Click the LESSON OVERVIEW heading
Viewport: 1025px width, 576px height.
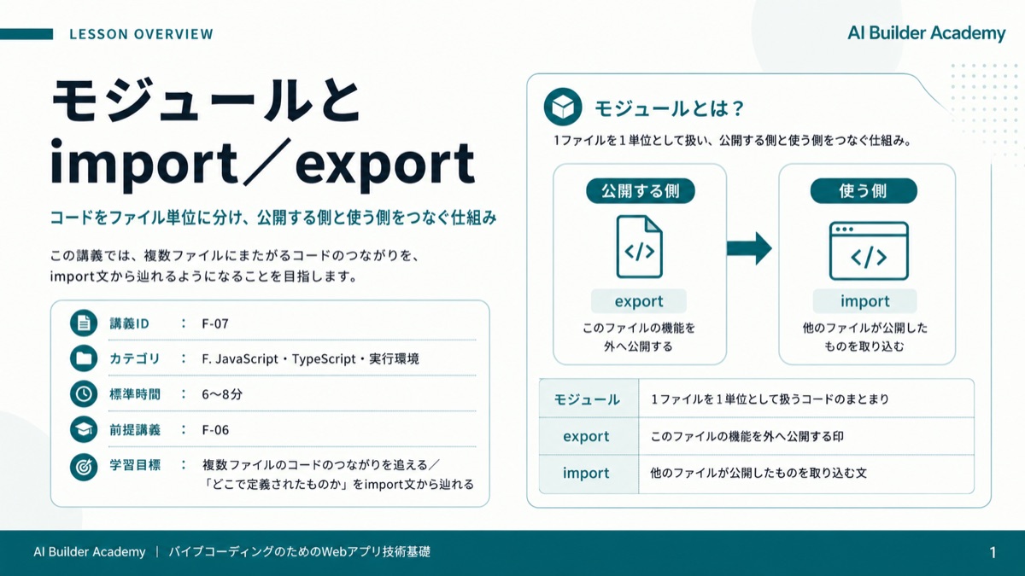coord(142,34)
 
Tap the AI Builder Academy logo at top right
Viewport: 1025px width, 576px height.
coord(926,33)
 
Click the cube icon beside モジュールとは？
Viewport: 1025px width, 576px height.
coord(563,107)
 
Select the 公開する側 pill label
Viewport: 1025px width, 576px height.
coord(640,190)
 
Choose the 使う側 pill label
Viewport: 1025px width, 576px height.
coord(864,190)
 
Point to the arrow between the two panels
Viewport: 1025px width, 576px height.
coord(749,248)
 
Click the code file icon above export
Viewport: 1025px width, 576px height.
coord(639,247)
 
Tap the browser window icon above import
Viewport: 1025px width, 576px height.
coord(869,251)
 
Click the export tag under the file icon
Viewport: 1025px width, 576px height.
coord(639,301)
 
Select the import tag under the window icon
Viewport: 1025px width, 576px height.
coord(864,301)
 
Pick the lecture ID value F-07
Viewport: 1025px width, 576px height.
coord(215,323)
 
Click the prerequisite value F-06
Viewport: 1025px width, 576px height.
coord(215,430)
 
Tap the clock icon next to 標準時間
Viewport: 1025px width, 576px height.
coord(84,393)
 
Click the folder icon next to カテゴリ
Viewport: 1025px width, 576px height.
coord(84,358)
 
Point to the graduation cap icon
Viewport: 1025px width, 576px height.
coord(84,429)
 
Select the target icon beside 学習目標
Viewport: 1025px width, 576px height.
coord(84,467)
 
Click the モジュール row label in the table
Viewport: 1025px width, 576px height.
coord(587,399)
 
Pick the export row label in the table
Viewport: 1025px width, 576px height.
coord(586,437)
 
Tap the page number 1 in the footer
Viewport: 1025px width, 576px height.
coord(993,553)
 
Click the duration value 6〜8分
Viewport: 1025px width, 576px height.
coord(222,394)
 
